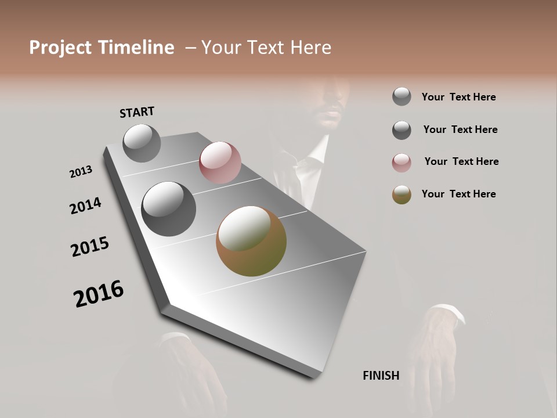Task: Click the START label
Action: pos(137,112)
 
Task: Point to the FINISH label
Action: pos(381,376)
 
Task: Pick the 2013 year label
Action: pos(81,172)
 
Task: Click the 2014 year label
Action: pos(85,206)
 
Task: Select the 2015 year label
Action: pos(90,247)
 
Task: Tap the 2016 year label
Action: pos(99,294)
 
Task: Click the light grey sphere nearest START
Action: pos(142,143)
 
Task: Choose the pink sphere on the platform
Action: pos(220,163)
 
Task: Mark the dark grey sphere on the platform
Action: pos(168,209)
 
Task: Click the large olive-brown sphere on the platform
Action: pos(251,241)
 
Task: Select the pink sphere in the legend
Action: pos(402,163)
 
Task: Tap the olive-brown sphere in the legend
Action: pos(402,195)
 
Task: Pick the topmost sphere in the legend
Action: pos(402,96)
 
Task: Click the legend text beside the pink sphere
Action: pos(461,161)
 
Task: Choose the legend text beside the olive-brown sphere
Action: pos(458,194)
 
